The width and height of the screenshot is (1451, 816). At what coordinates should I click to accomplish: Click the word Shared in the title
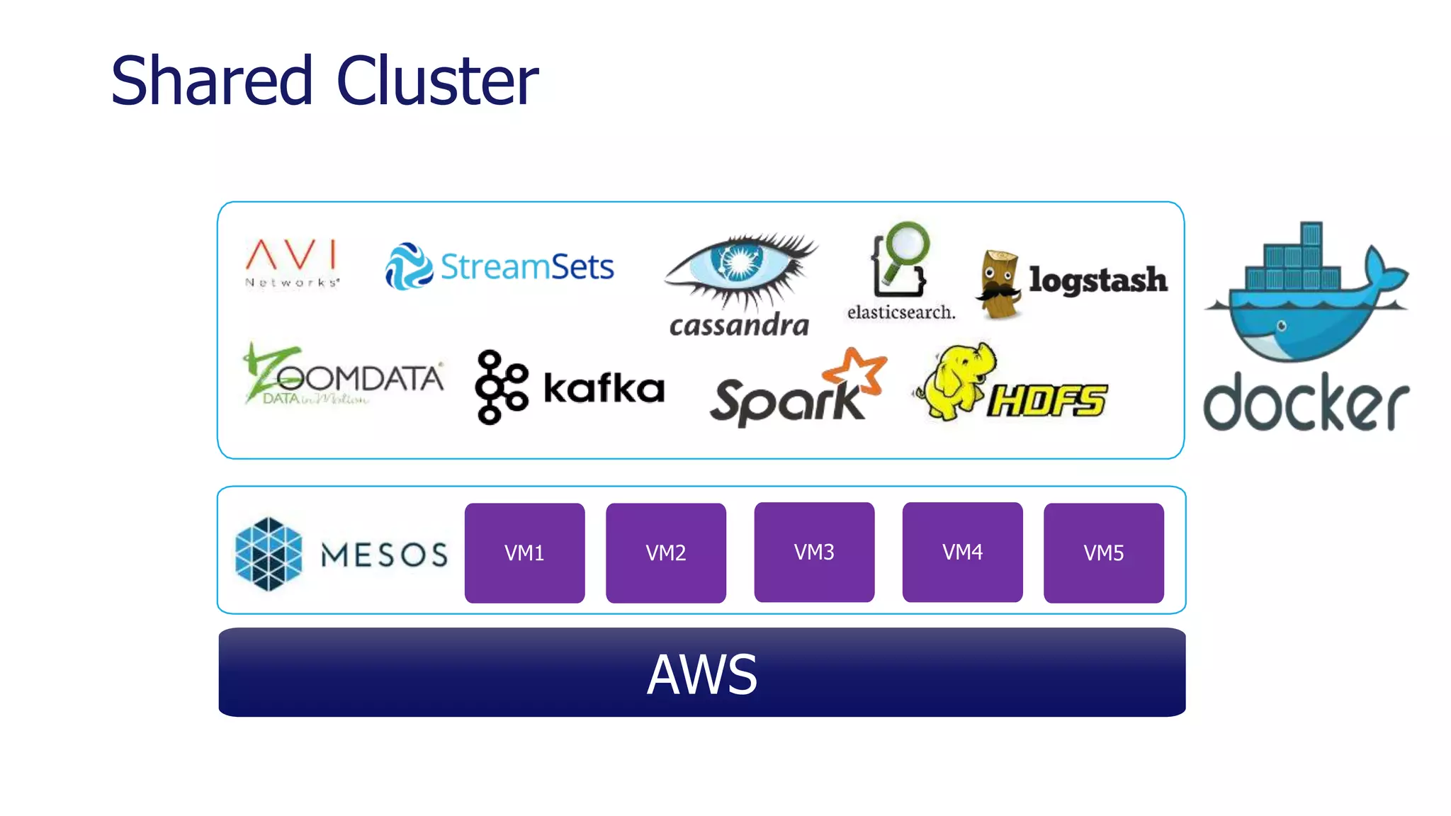click(211, 81)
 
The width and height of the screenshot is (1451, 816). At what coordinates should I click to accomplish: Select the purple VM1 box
click(524, 552)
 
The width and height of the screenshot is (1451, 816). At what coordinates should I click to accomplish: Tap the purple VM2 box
click(665, 552)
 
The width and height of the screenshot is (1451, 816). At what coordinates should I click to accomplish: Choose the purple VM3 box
click(814, 552)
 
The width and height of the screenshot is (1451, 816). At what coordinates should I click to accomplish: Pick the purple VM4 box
click(962, 552)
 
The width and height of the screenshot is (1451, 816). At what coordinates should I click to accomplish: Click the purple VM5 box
click(1103, 552)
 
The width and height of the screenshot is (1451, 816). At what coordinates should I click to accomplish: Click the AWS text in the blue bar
click(701, 674)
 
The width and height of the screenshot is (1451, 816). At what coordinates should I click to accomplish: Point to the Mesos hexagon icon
click(269, 554)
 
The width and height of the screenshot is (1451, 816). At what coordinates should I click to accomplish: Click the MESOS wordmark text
click(384, 555)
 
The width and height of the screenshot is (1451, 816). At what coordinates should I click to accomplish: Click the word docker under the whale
click(1305, 402)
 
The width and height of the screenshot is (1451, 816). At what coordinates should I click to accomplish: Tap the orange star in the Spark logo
click(857, 370)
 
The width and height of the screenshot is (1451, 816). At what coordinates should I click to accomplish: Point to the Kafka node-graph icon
click(500, 387)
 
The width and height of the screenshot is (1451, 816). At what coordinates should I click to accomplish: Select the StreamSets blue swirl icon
click(408, 266)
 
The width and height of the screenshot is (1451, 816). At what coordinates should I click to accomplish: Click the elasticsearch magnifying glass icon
click(900, 259)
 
